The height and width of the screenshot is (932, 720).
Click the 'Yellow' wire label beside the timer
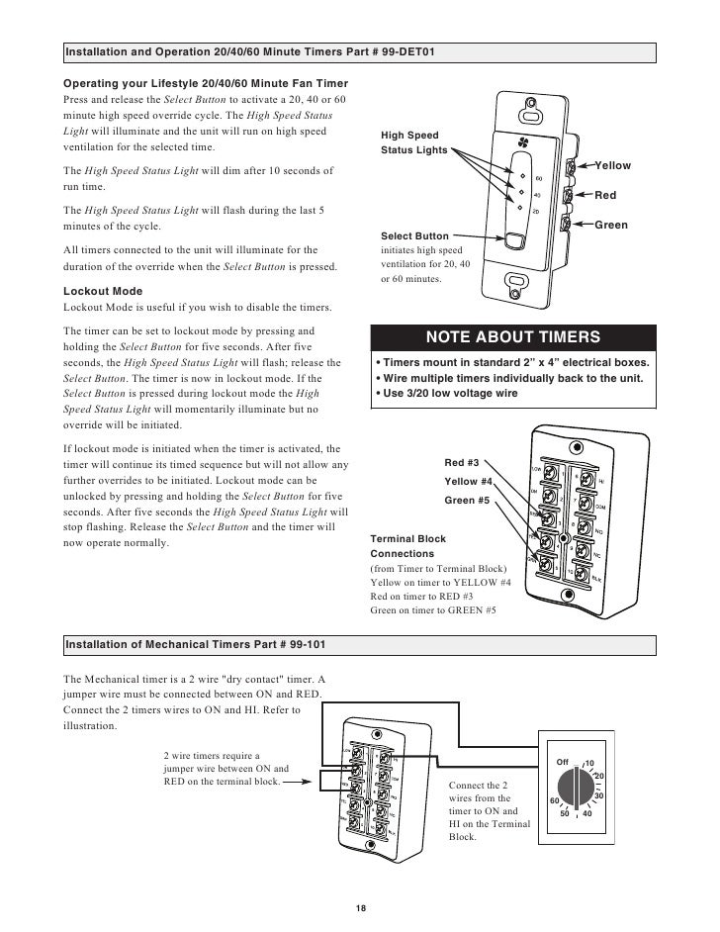click(x=611, y=165)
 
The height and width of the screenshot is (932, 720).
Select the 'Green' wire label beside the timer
click(x=610, y=226)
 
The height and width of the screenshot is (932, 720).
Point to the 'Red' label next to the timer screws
click(x=604, y=196)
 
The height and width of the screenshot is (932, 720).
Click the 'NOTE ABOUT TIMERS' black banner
click(x=512, y=337)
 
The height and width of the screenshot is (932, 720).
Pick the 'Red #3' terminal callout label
click(x=461, y=462)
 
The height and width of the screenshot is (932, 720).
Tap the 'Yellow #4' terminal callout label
click(x=468, y=481)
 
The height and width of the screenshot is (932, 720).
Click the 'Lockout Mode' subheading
click(x=103, y=292)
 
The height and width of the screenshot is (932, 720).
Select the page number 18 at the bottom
click(x=361, y=909)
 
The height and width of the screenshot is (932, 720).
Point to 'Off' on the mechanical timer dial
click(x=562, y=762)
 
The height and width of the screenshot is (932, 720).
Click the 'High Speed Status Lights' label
click(x=410, y=142)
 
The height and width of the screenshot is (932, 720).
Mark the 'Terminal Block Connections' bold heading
click(x=408, y=546)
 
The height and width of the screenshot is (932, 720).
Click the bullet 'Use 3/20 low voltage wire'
click(x=446, y=395)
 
